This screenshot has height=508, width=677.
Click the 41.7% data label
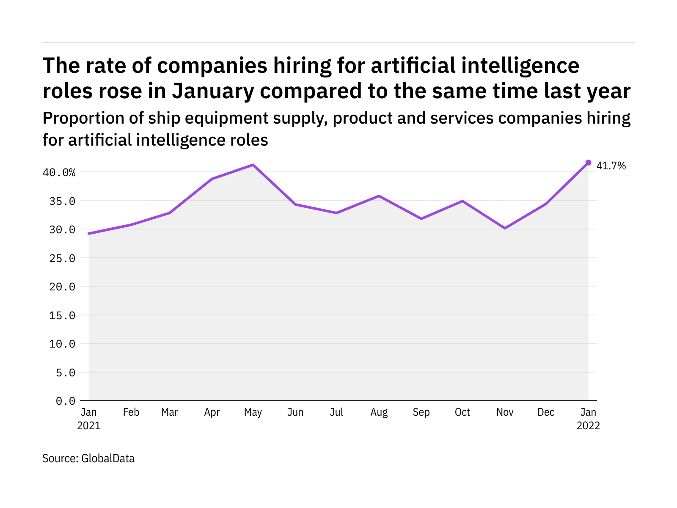(611, 166)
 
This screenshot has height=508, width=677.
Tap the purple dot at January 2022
(588, 163)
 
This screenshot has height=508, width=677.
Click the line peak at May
(253, 165)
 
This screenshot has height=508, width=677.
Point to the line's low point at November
(505, 228)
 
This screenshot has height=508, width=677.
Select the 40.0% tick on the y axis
(59, 172)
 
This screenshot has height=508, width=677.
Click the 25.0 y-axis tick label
(62, 258)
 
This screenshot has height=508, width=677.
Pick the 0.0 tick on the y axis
(66, 401)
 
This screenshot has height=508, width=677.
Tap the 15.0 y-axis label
(62, 315)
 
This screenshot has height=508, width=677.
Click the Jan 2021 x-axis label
(89, 419)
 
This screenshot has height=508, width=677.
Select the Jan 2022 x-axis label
(588, 419)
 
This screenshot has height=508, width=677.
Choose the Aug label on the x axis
(379, 412)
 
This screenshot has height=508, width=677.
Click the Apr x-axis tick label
(212, 412)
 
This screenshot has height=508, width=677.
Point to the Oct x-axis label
(462, 412)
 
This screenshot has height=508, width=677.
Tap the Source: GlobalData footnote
(88, 458)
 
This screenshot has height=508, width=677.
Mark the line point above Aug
(379, 196)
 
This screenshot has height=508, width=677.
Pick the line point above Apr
(212, 179)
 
